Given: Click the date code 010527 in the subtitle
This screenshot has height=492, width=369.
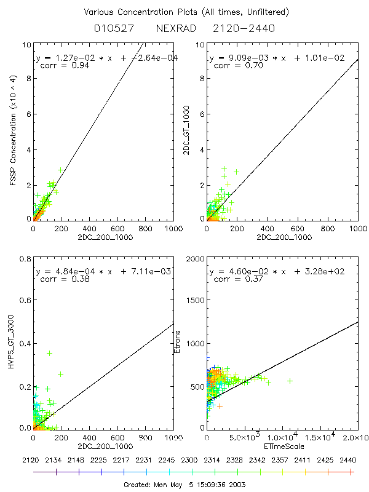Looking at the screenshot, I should pyautogui.click(x=111, y=28).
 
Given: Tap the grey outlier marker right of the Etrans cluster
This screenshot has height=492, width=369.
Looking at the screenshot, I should pyautogui.click(x=290, y=381).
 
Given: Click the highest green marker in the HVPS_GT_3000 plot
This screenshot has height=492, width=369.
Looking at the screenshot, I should pyautogui.click(x=66, y=353).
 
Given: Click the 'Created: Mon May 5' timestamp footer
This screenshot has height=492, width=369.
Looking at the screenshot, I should pyautogui.click(x=185, y=484).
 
